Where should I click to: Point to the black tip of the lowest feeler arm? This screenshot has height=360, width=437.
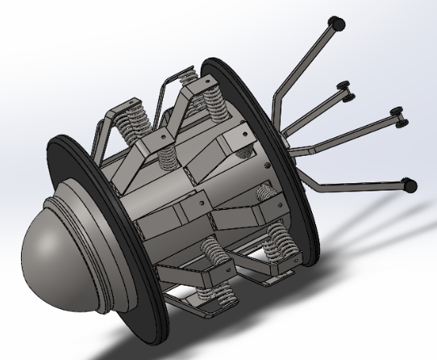point(410,185)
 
